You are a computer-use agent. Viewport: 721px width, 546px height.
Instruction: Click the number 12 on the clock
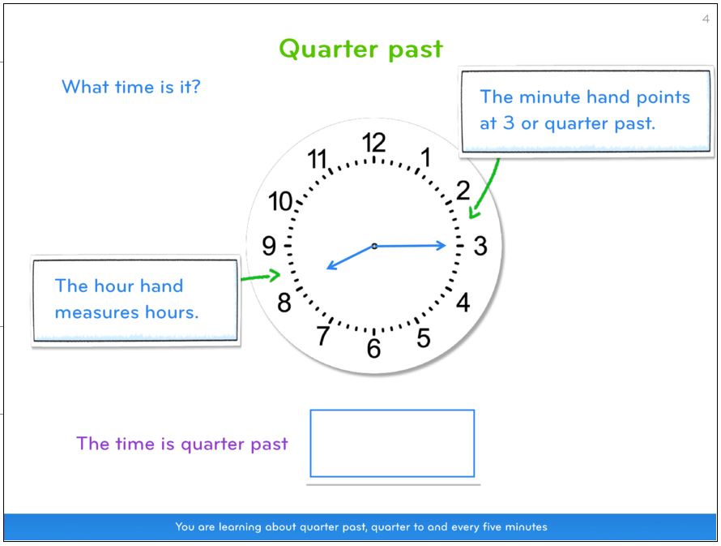tap(373, 143)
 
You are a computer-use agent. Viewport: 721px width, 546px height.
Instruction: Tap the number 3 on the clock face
tap(480, 246)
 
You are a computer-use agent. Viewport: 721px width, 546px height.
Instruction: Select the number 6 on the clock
tap(373, 349)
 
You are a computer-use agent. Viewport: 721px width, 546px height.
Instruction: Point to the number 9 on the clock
tap(269, 246)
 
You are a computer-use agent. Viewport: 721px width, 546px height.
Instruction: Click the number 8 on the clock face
tap(284, 303)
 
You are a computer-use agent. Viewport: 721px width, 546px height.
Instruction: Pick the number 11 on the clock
tap(318, 159)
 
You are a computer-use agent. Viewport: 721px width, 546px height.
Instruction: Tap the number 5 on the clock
tap(424, 338)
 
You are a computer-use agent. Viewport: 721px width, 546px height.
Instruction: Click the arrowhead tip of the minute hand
tap(446, 245)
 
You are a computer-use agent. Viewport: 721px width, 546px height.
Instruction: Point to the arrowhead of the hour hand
tap(327, 268)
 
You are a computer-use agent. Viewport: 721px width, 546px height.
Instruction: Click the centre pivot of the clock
tap(374, 247)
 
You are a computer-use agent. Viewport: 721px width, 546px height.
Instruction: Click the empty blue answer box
tap(392, 443)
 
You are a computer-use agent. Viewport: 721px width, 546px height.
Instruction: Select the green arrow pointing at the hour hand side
tap(260, 277)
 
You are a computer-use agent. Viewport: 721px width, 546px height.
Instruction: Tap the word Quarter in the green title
tap(327, 49)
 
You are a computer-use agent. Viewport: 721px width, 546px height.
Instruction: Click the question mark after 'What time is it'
tap(196, 87)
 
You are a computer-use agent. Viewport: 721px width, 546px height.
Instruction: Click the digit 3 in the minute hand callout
tap(508, 123)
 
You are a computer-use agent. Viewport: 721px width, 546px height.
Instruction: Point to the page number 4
tap(706, 19)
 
